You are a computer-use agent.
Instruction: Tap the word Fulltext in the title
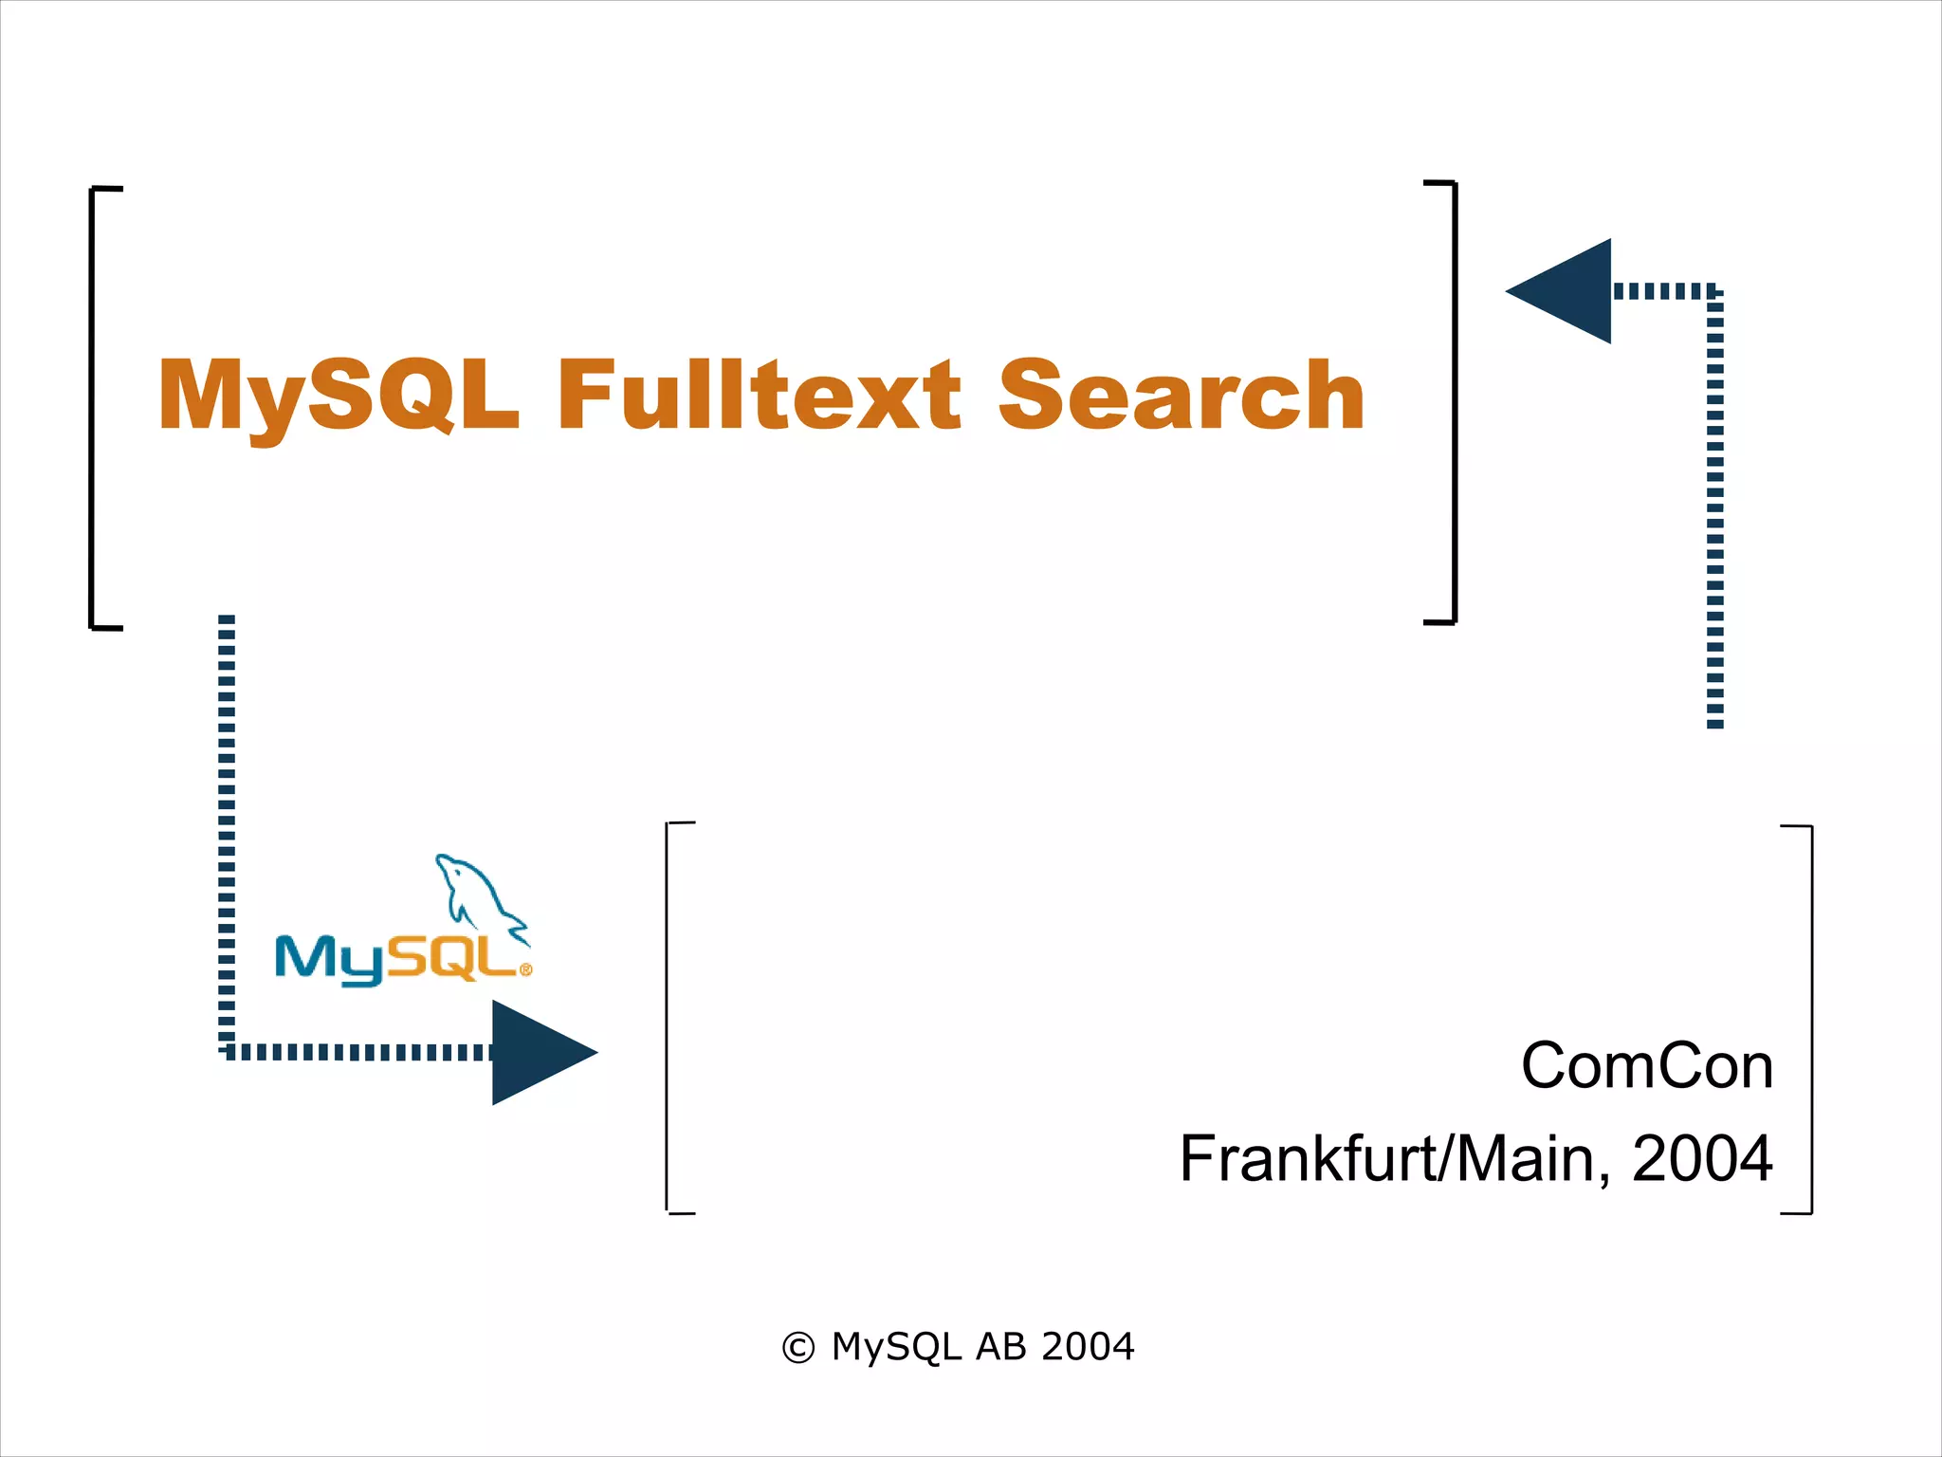(759, 396)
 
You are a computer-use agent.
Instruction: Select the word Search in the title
(1181, 396)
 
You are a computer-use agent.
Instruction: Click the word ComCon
(1647, 1066)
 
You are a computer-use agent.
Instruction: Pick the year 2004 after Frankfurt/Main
(1702, 1159)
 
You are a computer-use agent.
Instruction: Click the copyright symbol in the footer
(797, 1348)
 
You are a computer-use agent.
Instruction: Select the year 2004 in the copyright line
(1088, 1347)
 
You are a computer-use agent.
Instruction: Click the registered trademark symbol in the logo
(526, 969)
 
